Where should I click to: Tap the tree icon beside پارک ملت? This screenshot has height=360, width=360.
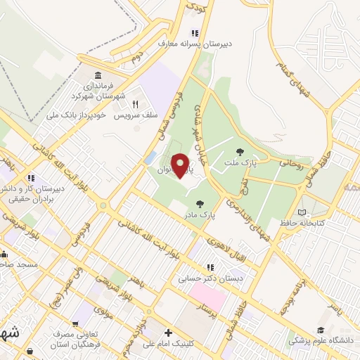(x=240, y=151)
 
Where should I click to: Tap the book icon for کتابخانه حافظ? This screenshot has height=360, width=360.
(x=302, y=212)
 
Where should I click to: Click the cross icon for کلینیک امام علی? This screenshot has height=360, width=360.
(x=167, y=333)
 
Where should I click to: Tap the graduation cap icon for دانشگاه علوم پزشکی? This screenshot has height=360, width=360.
(x=321, y=330)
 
